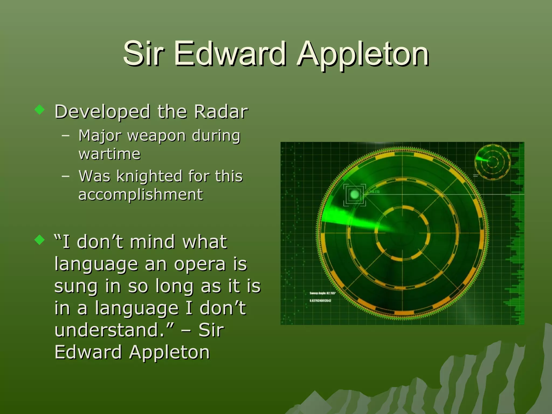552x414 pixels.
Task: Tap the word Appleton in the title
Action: [363, 55]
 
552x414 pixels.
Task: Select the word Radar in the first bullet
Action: [221, 111]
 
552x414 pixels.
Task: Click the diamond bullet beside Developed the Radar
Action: [40, 110]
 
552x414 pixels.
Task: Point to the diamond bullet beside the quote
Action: [40, 240]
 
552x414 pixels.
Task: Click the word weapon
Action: [157, 136]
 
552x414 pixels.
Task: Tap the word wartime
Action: [109, 154]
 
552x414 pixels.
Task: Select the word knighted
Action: [149, 176]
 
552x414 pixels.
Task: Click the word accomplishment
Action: [140, 195]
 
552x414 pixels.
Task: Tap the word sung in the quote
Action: [76, 287]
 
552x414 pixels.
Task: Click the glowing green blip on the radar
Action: [354, 194]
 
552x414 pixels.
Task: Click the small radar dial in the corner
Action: [492, 162]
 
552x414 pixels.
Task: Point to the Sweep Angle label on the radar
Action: [322, 293]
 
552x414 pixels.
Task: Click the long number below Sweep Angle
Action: [320, 301]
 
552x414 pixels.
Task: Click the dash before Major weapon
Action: [65, 135]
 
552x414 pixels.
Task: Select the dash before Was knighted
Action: [65, 176]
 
